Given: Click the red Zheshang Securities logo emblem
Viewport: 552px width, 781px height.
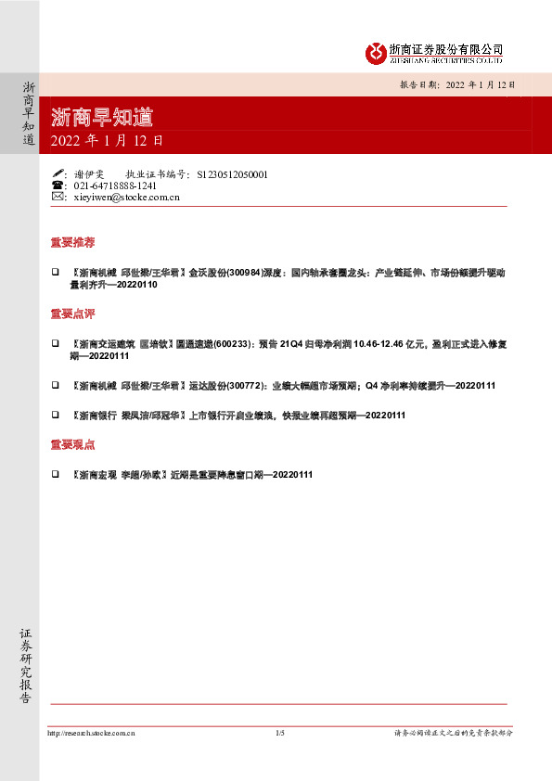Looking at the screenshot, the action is (375, 53).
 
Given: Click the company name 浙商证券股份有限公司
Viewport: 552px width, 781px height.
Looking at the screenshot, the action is (445, 49).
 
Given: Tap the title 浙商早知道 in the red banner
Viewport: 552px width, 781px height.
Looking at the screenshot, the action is (102, 118).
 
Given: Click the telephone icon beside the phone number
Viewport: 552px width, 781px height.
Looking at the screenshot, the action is (58, 186).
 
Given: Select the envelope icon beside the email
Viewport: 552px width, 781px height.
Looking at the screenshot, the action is (58, 197).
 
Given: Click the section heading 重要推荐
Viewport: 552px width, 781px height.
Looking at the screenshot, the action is (72, 243).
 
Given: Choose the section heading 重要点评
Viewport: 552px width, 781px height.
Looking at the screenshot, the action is (72, 314).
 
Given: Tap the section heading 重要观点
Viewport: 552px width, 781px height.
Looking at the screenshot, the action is (72, 445).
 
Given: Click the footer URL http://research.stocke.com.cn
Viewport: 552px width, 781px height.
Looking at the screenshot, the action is (91, 733).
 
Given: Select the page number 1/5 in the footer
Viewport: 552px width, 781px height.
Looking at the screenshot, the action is (280, 733).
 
